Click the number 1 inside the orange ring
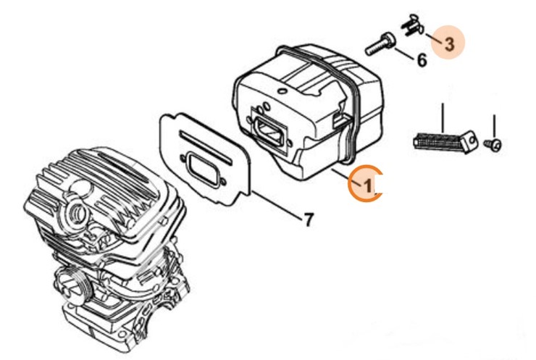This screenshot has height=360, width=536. pos(367,185)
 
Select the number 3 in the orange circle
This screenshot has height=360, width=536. pos(449,43)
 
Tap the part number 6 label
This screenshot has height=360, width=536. pos(422,59)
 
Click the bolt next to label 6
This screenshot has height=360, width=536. pos(377,43)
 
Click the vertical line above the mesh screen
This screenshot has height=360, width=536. pos(441,116)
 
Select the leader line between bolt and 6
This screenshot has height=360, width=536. pos(403,51)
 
